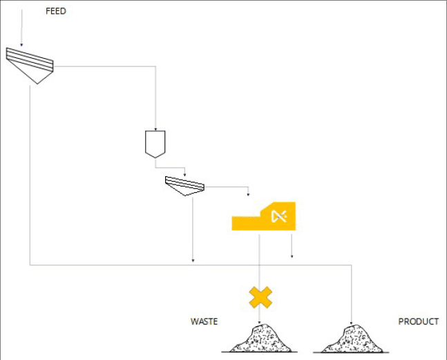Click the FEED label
click(x=55, y=11)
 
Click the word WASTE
click(x=204, y=321)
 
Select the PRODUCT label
click(x=418, y=321)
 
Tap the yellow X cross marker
click(x=260, y=297)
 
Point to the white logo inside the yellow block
click(x=279, y=216)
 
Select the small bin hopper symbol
click(x=155, y=142)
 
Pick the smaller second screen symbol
click(x=184, y=184)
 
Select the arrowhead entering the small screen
click(x=185, y=174)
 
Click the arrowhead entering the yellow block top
click(x=249, y=195)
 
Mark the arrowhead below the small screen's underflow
click(x=192, y=260)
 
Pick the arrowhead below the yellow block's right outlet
click(x=292, y=257)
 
